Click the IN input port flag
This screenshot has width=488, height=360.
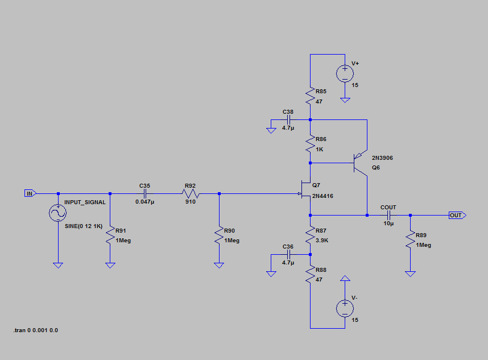coord(30,193)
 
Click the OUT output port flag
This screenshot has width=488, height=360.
coord(456,216)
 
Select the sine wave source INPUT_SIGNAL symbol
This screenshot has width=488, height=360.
coord(57,213)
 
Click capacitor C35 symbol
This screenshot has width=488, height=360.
coord(144,193)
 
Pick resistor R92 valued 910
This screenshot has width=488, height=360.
coord(190,193)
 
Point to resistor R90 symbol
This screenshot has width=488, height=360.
coord(219,237)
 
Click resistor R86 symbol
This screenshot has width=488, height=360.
coord(310,144)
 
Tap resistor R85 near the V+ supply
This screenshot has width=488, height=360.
coord(310,96)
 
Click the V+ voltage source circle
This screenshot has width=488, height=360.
coord(345,73)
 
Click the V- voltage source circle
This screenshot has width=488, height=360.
coord(345,308)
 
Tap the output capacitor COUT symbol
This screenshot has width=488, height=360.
coord(389,216)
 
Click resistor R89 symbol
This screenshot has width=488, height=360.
coord(410,241)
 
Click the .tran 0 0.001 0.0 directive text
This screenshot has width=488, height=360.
coord(35,330)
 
